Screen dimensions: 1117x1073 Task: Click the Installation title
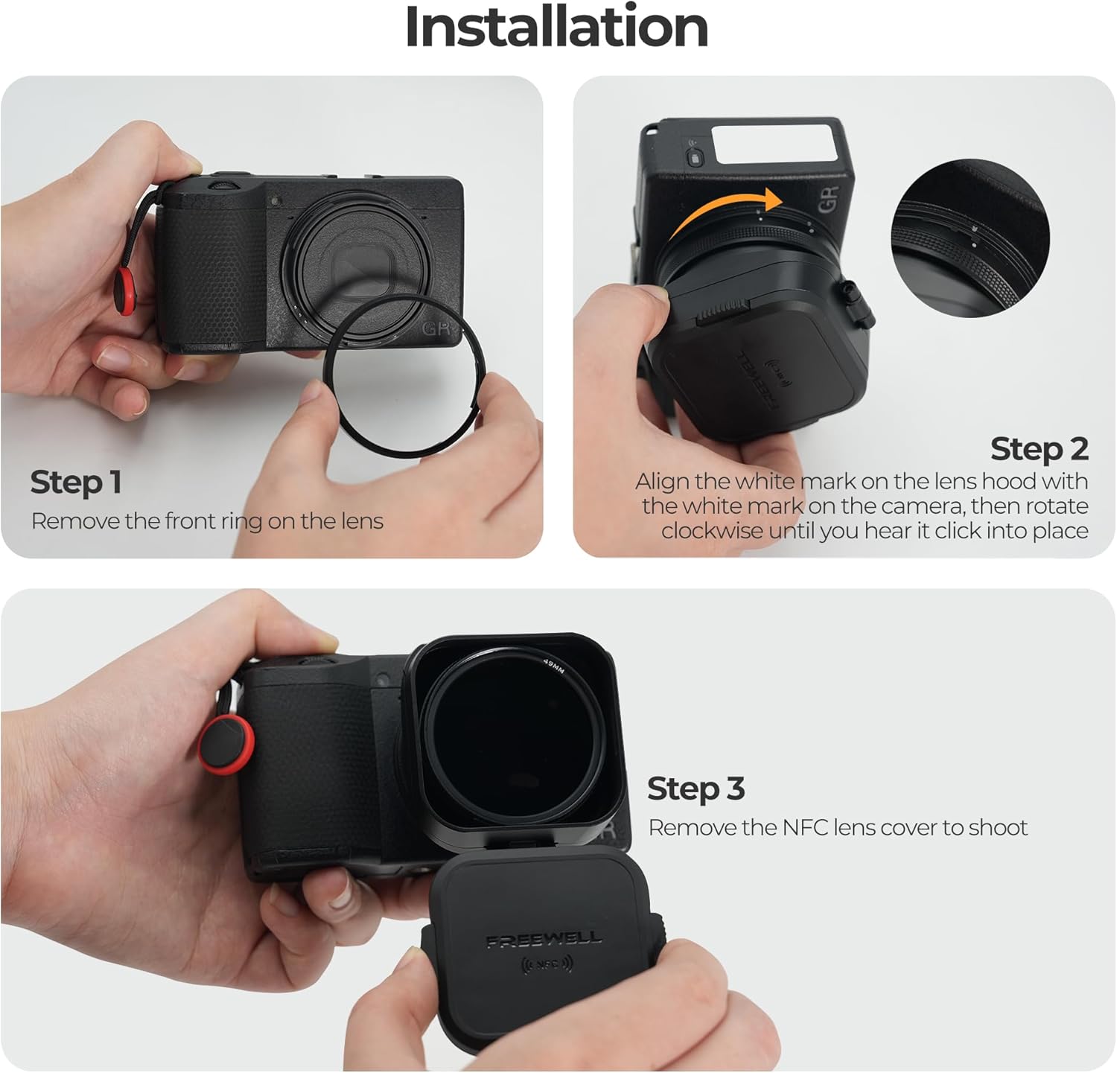[556, 27]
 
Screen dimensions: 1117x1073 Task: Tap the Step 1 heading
[75, 483]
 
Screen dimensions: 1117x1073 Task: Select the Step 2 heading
[1039, 449]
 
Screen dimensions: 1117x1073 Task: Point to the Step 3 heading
[696, 789]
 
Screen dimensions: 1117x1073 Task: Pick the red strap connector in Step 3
[226, 743]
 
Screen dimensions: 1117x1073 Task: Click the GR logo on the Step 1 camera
[436, 329]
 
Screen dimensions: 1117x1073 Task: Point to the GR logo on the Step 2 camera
[829, 198]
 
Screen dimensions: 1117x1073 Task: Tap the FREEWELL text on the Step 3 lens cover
[544, 940]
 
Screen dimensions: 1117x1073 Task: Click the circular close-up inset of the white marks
[970, 238]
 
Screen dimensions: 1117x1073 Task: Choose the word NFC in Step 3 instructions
[805, 827]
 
